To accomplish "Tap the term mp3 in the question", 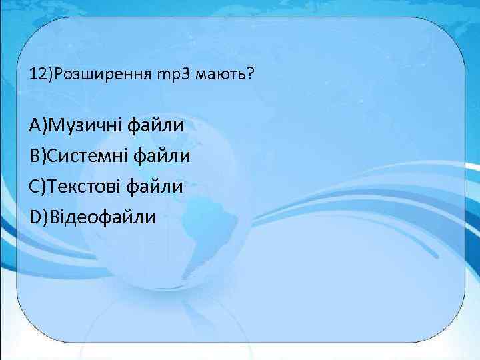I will pos(173,74).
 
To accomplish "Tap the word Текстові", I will pos(86,186).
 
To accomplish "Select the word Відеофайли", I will pos(99,217).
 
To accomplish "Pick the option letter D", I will pos(35,217).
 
